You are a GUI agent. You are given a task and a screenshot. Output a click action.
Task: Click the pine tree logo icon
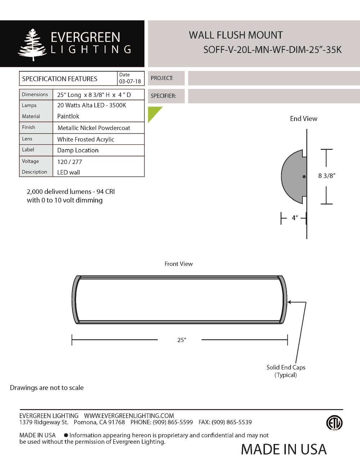(x=32, y=45)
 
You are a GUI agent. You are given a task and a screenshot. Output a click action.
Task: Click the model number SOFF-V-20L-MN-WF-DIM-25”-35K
(x=272, y=50)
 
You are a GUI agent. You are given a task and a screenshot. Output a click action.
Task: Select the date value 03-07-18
(x=130, y=81)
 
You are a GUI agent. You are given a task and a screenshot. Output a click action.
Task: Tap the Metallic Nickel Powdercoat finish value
(x=94, y=128)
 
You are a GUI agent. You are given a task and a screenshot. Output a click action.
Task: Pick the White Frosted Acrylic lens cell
(x=86, y=139)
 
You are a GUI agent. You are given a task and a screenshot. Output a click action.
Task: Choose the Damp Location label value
(x=78, y=150)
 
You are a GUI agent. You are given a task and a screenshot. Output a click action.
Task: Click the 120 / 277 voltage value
(x=69, y=162)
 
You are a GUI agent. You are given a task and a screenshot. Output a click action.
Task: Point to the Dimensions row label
(x=35, y=94)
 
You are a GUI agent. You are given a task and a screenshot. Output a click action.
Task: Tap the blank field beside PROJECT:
(x=274, y=78)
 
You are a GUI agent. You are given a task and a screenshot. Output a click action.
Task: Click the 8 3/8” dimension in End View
(x=327, y=176)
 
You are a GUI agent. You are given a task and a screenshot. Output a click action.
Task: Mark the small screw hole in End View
(x=304, y=176)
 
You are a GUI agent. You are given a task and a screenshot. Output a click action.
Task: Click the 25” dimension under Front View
(x=181, y=340)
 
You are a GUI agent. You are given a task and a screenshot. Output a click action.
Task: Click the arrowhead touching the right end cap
(x=289, y=302)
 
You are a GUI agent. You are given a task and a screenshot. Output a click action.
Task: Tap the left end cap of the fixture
(x=75, y=300)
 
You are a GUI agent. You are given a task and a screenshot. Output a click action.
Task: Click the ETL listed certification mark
(x=334, y=423)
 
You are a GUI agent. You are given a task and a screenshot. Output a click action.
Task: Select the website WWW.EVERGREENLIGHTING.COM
(x=129, y=416)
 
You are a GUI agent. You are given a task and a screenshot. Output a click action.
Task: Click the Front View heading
(x=179, y=264)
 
